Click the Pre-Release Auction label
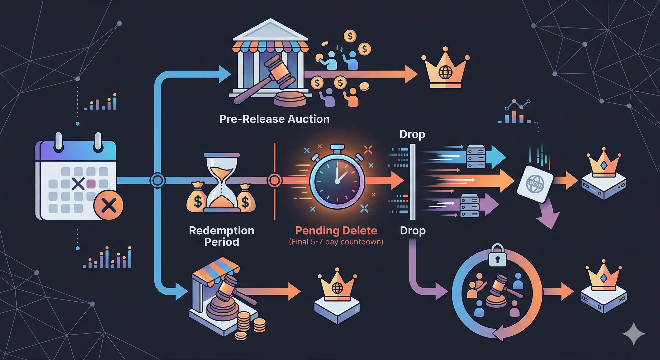(274, 119)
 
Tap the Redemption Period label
(222, 236)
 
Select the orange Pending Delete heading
(336, 231)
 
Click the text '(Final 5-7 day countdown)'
(336, 242)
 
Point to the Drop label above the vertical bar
(412, 134)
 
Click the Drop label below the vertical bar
(413, 231)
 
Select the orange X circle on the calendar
(108, 205)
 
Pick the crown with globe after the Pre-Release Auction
(445, 69)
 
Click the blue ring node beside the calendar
(157, 180)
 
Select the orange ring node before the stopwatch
(274, 180)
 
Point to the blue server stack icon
(476, 156)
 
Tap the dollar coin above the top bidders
(350, 36)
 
